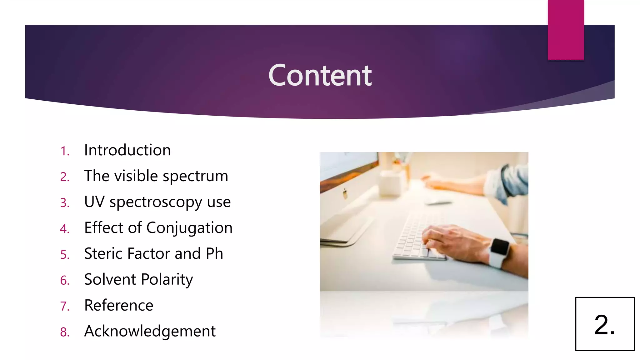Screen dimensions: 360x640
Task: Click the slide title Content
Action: point(320,75)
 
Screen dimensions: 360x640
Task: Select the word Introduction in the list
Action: point(127,150)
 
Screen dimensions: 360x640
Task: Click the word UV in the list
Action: point(94,202)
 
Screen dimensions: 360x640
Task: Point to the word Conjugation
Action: point(189,228)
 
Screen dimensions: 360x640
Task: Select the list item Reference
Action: point(119,305)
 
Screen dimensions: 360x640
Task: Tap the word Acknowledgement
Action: point(150,331)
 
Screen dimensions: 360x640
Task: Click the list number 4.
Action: point(64,229)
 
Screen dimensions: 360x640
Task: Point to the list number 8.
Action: point(64,332)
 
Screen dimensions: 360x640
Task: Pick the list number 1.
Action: point(64,151)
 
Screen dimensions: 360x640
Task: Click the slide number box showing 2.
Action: point(605,324)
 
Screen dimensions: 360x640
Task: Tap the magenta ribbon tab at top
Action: point(566,30)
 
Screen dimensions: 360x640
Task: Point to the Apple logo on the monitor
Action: point(345,194)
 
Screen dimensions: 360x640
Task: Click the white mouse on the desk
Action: point(437,202)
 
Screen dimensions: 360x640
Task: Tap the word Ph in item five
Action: point(214,253)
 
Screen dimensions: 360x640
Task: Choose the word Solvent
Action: point(110,279)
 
